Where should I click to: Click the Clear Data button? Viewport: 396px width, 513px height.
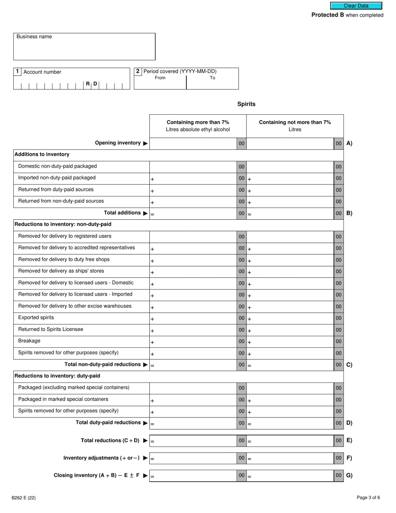pos(356,6)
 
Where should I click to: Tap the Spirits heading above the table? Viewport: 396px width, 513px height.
pos(246,104)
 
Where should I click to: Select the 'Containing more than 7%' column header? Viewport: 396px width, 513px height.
pos(198,126)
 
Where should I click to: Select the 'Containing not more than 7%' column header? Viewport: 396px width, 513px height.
pos(295,126)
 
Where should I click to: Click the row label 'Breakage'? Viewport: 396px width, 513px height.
pos(29,341)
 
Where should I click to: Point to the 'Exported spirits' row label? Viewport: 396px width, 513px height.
pos(36,317)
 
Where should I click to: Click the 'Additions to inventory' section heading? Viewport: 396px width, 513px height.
pos(42,154)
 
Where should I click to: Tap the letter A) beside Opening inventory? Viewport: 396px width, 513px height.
pos(349,143)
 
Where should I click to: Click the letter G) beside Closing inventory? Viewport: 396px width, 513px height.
pos(349,475)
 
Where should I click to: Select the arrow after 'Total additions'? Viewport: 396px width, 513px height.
pos(145,213)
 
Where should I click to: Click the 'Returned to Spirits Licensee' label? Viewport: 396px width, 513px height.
pos(50,329)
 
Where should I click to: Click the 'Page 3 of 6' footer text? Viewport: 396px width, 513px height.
pos(368,497)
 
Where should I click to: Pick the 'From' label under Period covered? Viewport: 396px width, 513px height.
pos(160,78)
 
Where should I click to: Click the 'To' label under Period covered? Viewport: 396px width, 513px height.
pos(213,78)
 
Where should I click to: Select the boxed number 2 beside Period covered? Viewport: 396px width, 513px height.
pos(138,71)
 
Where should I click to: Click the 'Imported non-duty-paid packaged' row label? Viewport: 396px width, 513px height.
pos(57,178)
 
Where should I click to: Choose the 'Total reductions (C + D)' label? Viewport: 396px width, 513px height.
pos(110,440)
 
